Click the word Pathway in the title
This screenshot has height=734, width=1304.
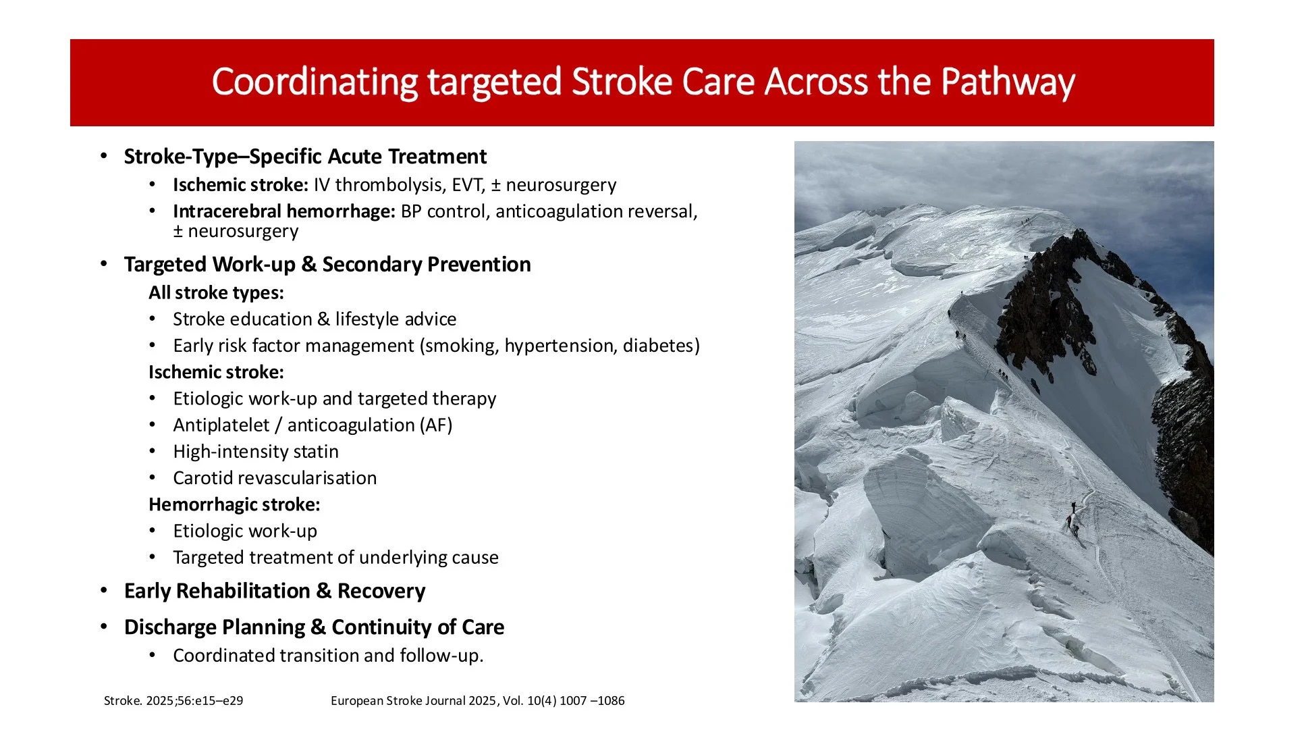tap(1008, 82)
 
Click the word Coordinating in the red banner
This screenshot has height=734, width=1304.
tap(315, 82)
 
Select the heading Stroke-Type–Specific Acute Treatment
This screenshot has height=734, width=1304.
tap(305, 157)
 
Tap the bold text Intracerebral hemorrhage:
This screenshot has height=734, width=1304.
tap(283, 211)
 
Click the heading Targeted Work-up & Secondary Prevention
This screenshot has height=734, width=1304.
tap(327, 264)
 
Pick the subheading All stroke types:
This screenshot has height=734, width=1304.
tap(216, 292)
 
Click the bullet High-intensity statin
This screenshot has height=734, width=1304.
tap(256, 452)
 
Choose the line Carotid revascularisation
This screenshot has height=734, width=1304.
tap(275, 478)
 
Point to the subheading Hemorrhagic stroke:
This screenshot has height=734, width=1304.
tap(234, 504)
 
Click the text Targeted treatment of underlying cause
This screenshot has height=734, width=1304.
tap(335, 558)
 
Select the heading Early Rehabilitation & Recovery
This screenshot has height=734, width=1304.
tap(275, 591)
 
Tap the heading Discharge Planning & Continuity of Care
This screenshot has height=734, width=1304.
tap(314, 627)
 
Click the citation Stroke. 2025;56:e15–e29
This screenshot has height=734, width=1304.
tap(173, 701)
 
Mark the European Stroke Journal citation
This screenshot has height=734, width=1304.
tap(478, 701)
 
